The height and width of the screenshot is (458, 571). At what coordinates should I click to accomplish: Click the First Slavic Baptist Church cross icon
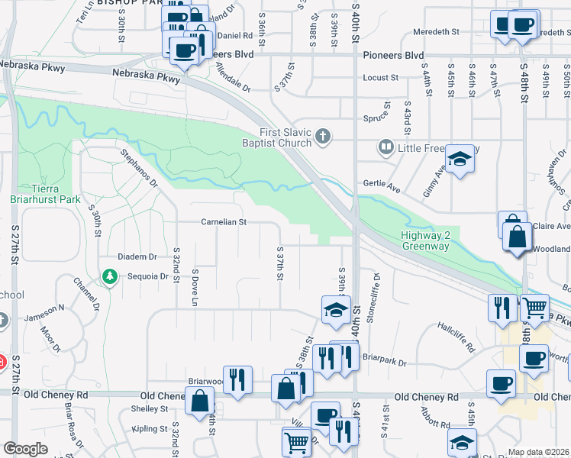tap(323, 137)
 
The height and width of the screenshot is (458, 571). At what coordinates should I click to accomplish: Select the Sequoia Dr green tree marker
tap(110, 276)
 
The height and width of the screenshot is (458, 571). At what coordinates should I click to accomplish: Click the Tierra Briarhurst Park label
tap(46, 194)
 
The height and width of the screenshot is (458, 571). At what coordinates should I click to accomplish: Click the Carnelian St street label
tap(224, 222)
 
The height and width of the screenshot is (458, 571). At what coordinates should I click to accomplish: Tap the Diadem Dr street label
tap(137, 256)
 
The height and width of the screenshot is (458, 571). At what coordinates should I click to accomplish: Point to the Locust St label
tap(381, 78)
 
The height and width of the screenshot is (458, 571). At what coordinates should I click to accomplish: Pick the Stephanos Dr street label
tap(138, 168)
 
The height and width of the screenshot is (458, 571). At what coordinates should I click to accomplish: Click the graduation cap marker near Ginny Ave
tap(460, 159)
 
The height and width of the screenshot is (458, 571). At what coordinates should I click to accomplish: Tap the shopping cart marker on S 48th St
tap(534, 308)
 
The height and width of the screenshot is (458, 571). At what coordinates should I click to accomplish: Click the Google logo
tap(26, 449)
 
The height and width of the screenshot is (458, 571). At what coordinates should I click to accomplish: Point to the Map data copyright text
tap(538, 452)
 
